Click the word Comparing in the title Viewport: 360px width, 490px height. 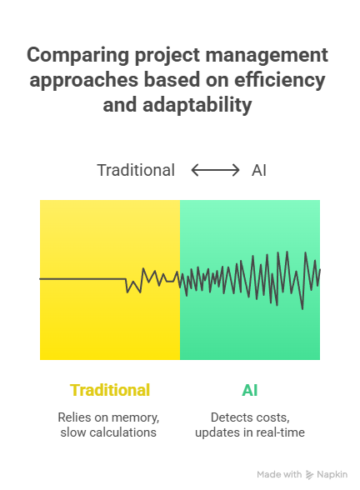(78, 56)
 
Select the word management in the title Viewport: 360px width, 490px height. (267, 56)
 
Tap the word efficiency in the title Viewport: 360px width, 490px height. (280, 80)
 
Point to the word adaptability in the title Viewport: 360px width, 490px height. (197, 105)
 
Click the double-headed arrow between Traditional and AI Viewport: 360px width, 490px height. (215, 170)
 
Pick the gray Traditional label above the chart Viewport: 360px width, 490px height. (136, 170)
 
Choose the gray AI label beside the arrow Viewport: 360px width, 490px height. (259, 171)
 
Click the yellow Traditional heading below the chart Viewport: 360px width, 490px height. (110, 390)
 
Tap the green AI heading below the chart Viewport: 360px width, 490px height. (250, 390)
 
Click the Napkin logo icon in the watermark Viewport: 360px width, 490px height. (309, 475)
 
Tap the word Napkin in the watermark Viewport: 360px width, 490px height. (332, 475)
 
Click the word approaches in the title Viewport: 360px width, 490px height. (83, 80)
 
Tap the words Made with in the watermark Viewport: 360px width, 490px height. (279, 475)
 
